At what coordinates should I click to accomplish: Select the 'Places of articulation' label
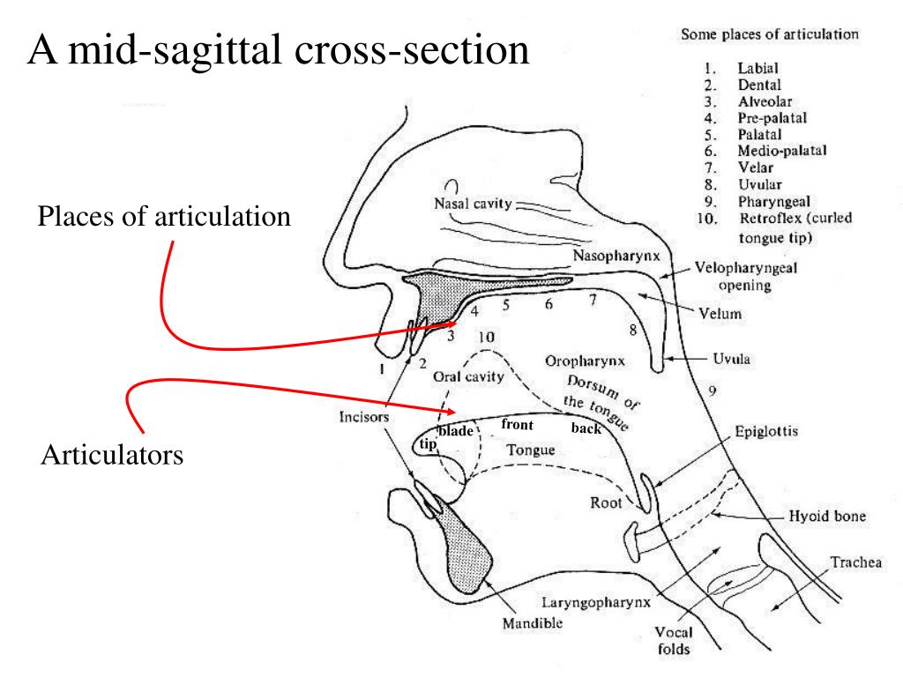point(164,216)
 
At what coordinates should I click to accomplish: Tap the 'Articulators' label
point(112,456)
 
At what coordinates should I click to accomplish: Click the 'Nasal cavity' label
point(473,204)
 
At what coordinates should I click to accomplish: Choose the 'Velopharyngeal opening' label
point(745,277)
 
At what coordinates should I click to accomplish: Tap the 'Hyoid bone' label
point(825,517)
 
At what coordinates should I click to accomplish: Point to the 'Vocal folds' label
point(673,641)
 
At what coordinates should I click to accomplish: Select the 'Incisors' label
point(364,417)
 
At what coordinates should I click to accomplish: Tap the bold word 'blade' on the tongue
point(456,430)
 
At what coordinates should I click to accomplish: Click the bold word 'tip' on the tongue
point(428,444)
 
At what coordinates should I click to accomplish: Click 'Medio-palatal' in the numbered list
point(782,151)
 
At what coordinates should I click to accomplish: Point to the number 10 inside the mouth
point(485,337)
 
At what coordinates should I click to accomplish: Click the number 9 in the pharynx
point(712,390)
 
